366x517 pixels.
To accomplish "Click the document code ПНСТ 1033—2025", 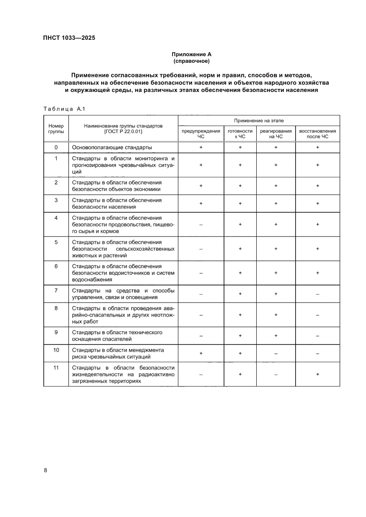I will click(x=69, y=38).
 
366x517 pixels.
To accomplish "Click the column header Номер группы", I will click(x=56, y=128).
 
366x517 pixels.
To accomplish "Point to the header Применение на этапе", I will click(x=259, y=120).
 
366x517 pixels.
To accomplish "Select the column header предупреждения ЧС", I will click(x=201, y=134).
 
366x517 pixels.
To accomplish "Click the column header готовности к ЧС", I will click(x=240, y=134).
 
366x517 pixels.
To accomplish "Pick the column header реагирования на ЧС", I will click(x=276, y=134).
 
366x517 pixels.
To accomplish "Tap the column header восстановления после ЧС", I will click(x=317, y=134).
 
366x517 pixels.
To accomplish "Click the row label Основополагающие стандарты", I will click(x=112, y=147).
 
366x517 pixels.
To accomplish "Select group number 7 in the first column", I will click(x=56, y=291).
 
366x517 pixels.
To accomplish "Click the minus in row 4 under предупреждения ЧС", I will click(x=201, y=225).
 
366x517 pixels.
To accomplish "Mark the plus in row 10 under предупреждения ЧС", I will click(x=201, y=353).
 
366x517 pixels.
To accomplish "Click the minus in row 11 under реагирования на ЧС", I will click(x=276, y=374).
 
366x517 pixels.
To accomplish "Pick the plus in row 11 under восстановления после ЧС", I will click(x=317, y=374).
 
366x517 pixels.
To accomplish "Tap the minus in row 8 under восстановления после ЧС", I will click(x=317, y=315).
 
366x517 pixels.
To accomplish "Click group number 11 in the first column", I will click(x=56, y=368).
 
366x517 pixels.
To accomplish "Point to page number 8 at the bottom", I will click(x=45, y=470).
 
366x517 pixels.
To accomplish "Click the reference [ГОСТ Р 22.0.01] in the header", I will click(x=123, y=131).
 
